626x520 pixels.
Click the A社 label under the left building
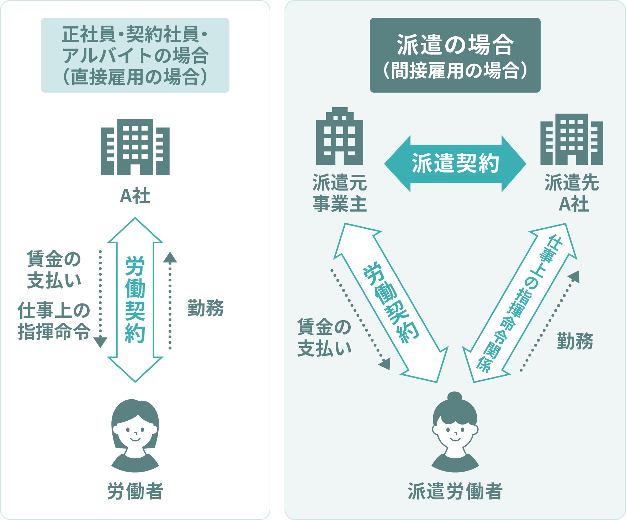[x=135, y=196]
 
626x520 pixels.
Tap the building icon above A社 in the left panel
[x=135, y=147]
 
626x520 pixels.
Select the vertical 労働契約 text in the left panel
[x=135, y=299]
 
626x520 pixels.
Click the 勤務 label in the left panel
[x=206, y=308]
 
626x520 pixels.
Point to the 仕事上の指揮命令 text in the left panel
[x=54, y=321]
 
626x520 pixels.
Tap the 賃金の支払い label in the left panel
[x=54, y=269]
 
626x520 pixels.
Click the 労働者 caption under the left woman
[x=135, y=492]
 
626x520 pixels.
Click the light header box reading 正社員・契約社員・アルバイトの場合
[x=135, y=55]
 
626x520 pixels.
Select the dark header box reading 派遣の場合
[x=455, y=55]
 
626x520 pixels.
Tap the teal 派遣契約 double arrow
[x=455, y=164]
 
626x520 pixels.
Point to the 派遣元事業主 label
[x=340, y=193]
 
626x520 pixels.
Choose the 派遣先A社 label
[x=572, y=193]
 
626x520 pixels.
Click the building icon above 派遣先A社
[x=572, y=140]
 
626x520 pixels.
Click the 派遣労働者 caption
[x=455, y=492]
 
